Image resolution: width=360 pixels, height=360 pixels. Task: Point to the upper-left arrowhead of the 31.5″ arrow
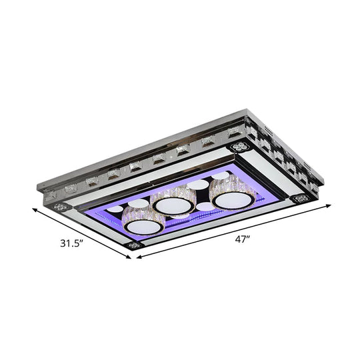pos(34,209)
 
